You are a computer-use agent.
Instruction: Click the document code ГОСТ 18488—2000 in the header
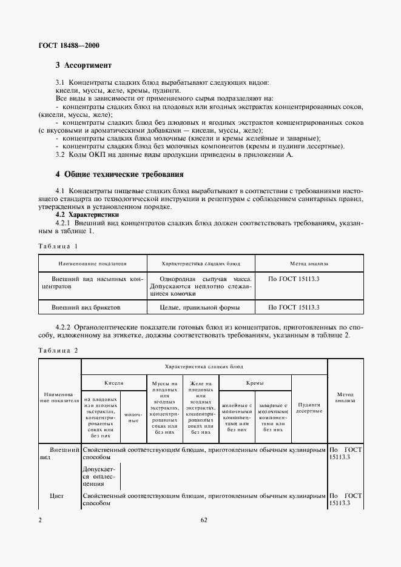click(x=70, y=45)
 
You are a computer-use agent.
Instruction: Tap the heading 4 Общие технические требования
click(x=119, y=174)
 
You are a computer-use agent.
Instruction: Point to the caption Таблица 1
click(x=58, y=247)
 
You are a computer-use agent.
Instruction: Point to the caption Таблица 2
click(x=58, y=350)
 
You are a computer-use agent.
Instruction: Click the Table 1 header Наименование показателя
click(x=92, y=264)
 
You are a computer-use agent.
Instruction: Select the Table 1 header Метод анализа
click(x=309, y=264)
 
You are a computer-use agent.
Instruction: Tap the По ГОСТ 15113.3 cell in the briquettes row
click(x=294, y=308)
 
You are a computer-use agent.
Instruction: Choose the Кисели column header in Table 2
click(x=113, y=383)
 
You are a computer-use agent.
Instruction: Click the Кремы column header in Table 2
click(x=255, y=383)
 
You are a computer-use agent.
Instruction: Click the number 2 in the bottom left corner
click(x=39, y=520)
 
